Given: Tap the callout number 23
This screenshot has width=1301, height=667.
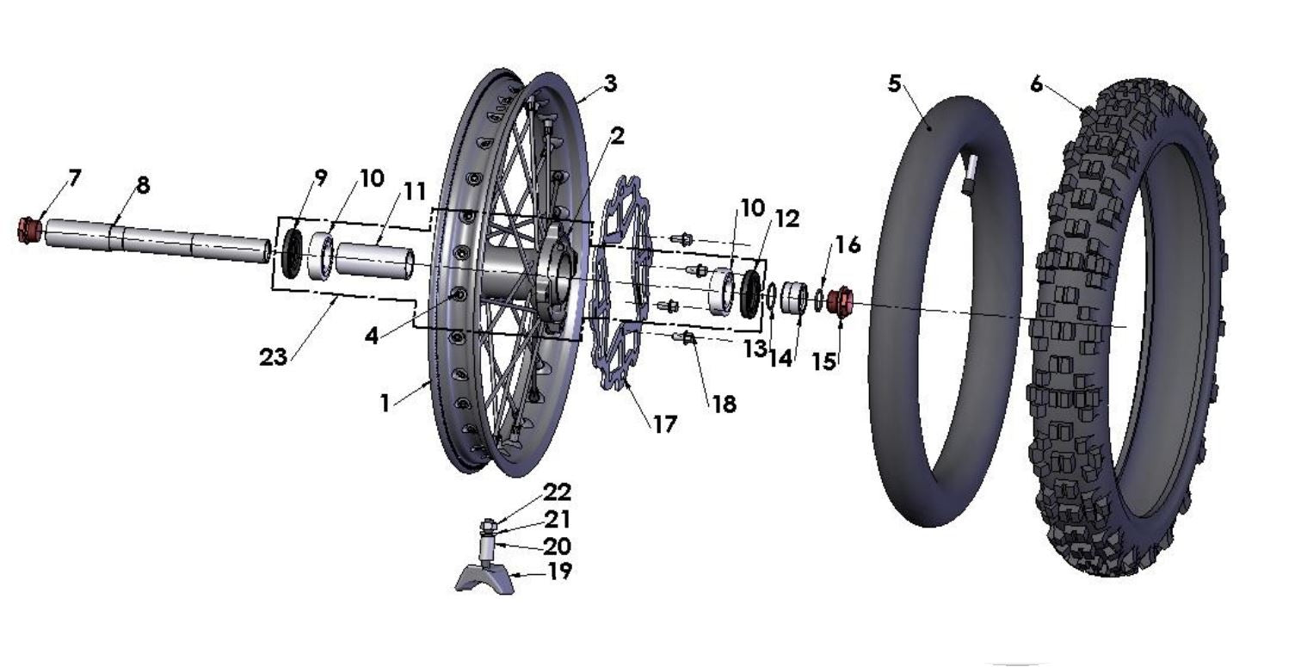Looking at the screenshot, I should pos(273,357).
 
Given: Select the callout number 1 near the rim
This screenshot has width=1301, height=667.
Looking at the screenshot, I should pos(385,403).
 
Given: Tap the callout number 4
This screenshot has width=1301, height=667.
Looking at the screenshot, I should pos(371,336).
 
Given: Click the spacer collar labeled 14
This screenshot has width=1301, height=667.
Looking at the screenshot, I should pos(794,298).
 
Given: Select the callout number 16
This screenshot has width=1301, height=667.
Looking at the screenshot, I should pos(847,245).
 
